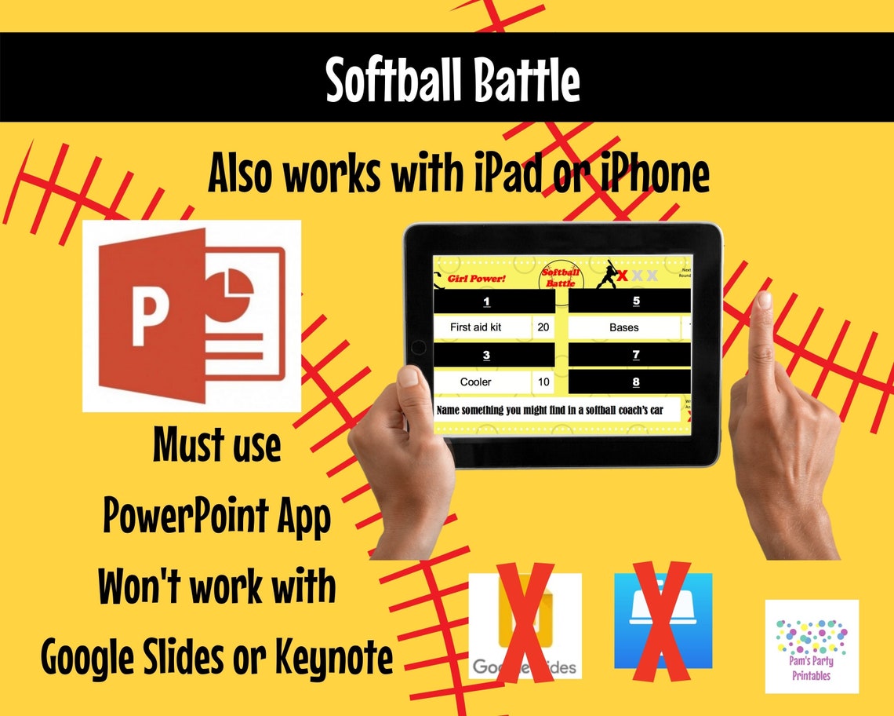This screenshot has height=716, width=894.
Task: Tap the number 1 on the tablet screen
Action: (486, 301)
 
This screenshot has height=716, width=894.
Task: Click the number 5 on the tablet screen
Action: (635, 301)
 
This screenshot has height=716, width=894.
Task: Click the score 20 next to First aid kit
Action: (543, 327)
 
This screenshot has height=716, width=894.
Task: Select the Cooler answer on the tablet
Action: (475, 382)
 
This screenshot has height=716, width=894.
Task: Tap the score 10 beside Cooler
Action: (543, 382)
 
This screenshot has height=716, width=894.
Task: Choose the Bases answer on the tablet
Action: (624, 327)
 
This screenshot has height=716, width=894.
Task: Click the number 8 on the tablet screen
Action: (635, 382)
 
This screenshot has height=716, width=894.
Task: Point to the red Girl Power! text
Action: (477, 278)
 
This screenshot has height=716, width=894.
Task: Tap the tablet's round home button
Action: (419, 346)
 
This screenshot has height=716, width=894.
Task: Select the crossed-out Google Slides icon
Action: (525, 626)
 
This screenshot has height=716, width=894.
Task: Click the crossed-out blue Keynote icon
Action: (663, 621)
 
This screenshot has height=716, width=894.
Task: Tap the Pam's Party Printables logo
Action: (812, 646)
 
